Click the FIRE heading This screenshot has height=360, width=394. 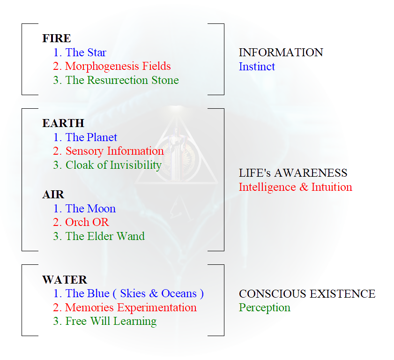click(57, 38)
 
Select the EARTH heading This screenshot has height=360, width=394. click(63, 123)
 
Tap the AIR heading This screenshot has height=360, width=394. click(53, 195)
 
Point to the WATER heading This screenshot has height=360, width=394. click(65, 280)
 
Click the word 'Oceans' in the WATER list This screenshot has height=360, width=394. click(179, 293)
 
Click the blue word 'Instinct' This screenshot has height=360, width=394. click(257, 67)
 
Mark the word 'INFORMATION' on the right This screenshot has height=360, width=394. click(281, 52)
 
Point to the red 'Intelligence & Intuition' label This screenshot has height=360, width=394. click(296, 187)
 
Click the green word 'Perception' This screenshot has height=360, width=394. click(265, 307)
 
